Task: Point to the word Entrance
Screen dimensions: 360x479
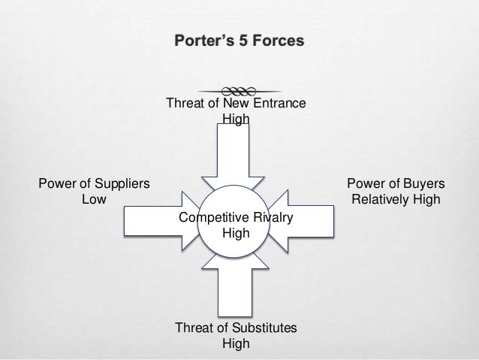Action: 280,104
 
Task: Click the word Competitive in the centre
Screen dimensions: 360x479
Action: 209,217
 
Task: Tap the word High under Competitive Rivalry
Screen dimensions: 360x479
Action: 236,233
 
